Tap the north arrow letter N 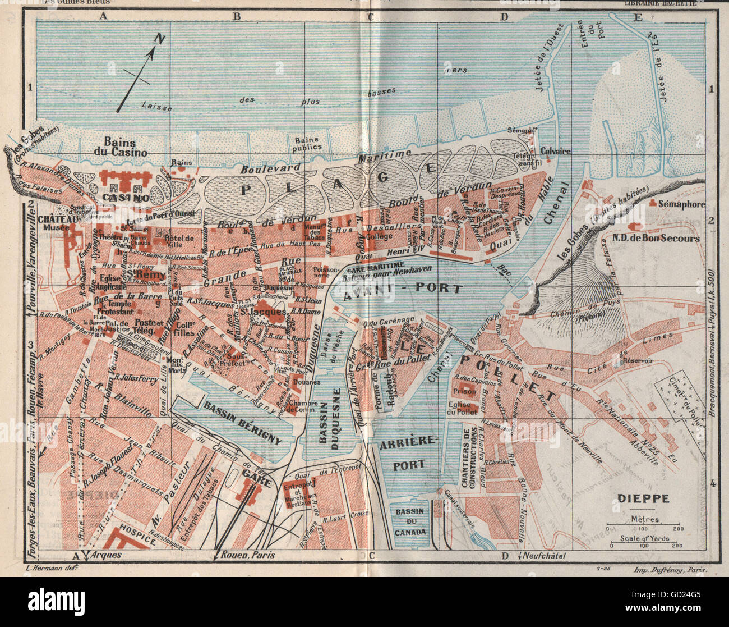(x=160, y=39)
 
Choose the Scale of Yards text (x=644, y=538)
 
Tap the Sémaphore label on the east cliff (x=681, y=204)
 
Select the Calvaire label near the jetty (x=555, y=151)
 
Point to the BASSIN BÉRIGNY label (x=242, y=423)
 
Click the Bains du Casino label (x=124, y=147)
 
